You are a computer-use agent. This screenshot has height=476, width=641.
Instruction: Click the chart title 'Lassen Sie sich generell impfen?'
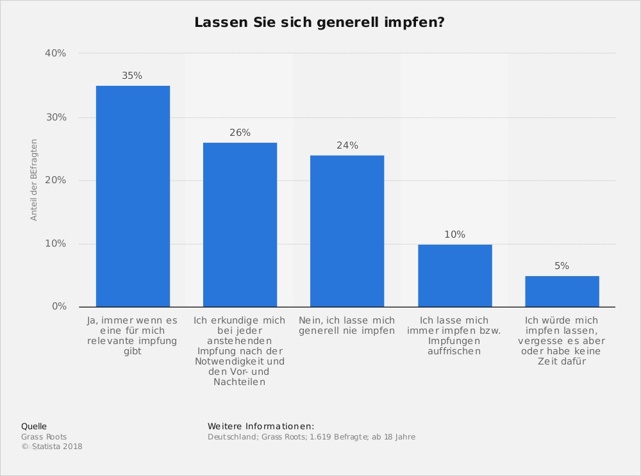pyautogui.click(x=320, y=22)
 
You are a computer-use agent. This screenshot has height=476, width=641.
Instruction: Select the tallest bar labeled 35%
pyautogui.click(x=133, y=196)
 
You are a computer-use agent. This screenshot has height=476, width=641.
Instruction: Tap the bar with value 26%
pyautogui.click(x=240, y=224)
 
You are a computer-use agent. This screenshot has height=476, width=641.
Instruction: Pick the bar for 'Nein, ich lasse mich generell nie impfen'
pyautogui.click(x=347, y=231)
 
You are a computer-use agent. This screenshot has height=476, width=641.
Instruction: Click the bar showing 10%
pyautogui.click(x=454, y=275)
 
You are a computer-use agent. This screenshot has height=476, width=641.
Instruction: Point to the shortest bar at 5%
pyautogui.click(x=562, y=291)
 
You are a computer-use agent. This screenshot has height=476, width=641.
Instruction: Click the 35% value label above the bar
pyautogui.click(x=132, y=76)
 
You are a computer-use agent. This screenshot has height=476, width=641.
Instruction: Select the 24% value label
pyautogui.click(x=347, y=145)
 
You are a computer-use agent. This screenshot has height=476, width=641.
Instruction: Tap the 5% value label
pyautogui.click(x=562, y=266)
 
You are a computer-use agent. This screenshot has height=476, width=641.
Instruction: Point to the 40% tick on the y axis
pyautogui.click(x=56, y=53)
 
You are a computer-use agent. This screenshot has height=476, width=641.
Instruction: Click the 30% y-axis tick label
pyautogui.click(x=56, y=117)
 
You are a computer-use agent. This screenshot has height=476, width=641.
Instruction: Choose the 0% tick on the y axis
pyautogui.click(x=59, y=307)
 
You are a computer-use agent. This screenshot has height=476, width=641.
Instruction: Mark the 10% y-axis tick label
pyautogui.click(x=56, y=243)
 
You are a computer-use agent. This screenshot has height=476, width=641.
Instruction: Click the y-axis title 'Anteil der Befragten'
pyautogui.click(x=34, y=180)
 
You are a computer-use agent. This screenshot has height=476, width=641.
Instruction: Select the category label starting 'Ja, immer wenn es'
pyautogui.click(x=132, y=336)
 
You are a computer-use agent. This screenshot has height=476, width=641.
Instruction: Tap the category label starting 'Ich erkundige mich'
pyautogui.click(x=239, y=350)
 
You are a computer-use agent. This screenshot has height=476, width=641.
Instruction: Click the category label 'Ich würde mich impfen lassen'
pyautogui.click(x=562, y=340)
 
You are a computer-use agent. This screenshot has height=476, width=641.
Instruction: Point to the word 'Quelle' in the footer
pyautogui.click(x=34, y=426)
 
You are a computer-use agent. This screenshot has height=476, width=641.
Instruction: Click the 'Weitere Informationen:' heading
pyautogui.click(x=261, y=426)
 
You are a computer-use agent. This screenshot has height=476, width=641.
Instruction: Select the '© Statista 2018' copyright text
pyautogui.click(x=52, y=447)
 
